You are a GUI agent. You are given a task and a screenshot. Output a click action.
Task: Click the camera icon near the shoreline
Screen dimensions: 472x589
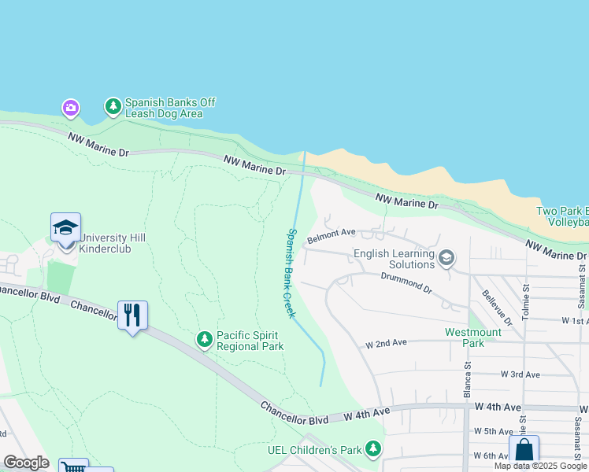click(x=71, y=107)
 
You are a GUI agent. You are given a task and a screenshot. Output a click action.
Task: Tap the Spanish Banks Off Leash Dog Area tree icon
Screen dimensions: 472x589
click(x=113, y=105)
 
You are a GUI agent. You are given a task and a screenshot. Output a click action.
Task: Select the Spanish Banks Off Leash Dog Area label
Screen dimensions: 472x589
click(x=169, y=109)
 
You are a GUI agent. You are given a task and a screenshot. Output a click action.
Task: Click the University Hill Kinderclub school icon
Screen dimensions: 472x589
click(x=65, y=228)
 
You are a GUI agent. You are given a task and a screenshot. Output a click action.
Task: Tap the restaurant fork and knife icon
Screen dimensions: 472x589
click(x=132, y=315)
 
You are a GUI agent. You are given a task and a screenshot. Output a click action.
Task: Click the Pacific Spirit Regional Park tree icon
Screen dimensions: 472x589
click(x=205, y=339)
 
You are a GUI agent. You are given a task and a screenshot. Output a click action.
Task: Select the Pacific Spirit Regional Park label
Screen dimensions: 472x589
click(x=250, y=341)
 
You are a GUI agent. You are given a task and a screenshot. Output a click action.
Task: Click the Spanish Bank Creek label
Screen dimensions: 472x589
click(x=290, y=273)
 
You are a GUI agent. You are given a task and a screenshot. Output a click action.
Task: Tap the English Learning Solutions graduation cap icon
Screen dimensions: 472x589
click(x=446, y=258)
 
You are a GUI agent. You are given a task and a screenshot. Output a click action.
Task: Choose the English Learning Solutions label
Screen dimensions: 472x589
click(x=394, y=259)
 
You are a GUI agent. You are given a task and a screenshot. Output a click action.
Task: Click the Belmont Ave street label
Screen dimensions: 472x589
click(x=332, y=235)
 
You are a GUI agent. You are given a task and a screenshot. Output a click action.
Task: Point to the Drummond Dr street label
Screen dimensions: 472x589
click(x=406, y=282)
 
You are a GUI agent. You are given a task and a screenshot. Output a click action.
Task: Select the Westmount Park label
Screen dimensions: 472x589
click(x=472, y=337)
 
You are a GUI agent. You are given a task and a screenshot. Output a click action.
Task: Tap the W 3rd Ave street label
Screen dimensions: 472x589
click(x=520, y=375)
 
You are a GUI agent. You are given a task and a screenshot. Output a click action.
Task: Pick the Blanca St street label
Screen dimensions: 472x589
click(x=466, y=381)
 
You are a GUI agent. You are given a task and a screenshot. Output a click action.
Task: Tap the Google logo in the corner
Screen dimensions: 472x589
click(x=26, y=463)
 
